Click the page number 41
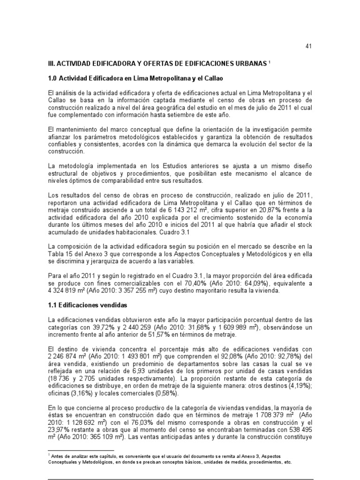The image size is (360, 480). point(308,46)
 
